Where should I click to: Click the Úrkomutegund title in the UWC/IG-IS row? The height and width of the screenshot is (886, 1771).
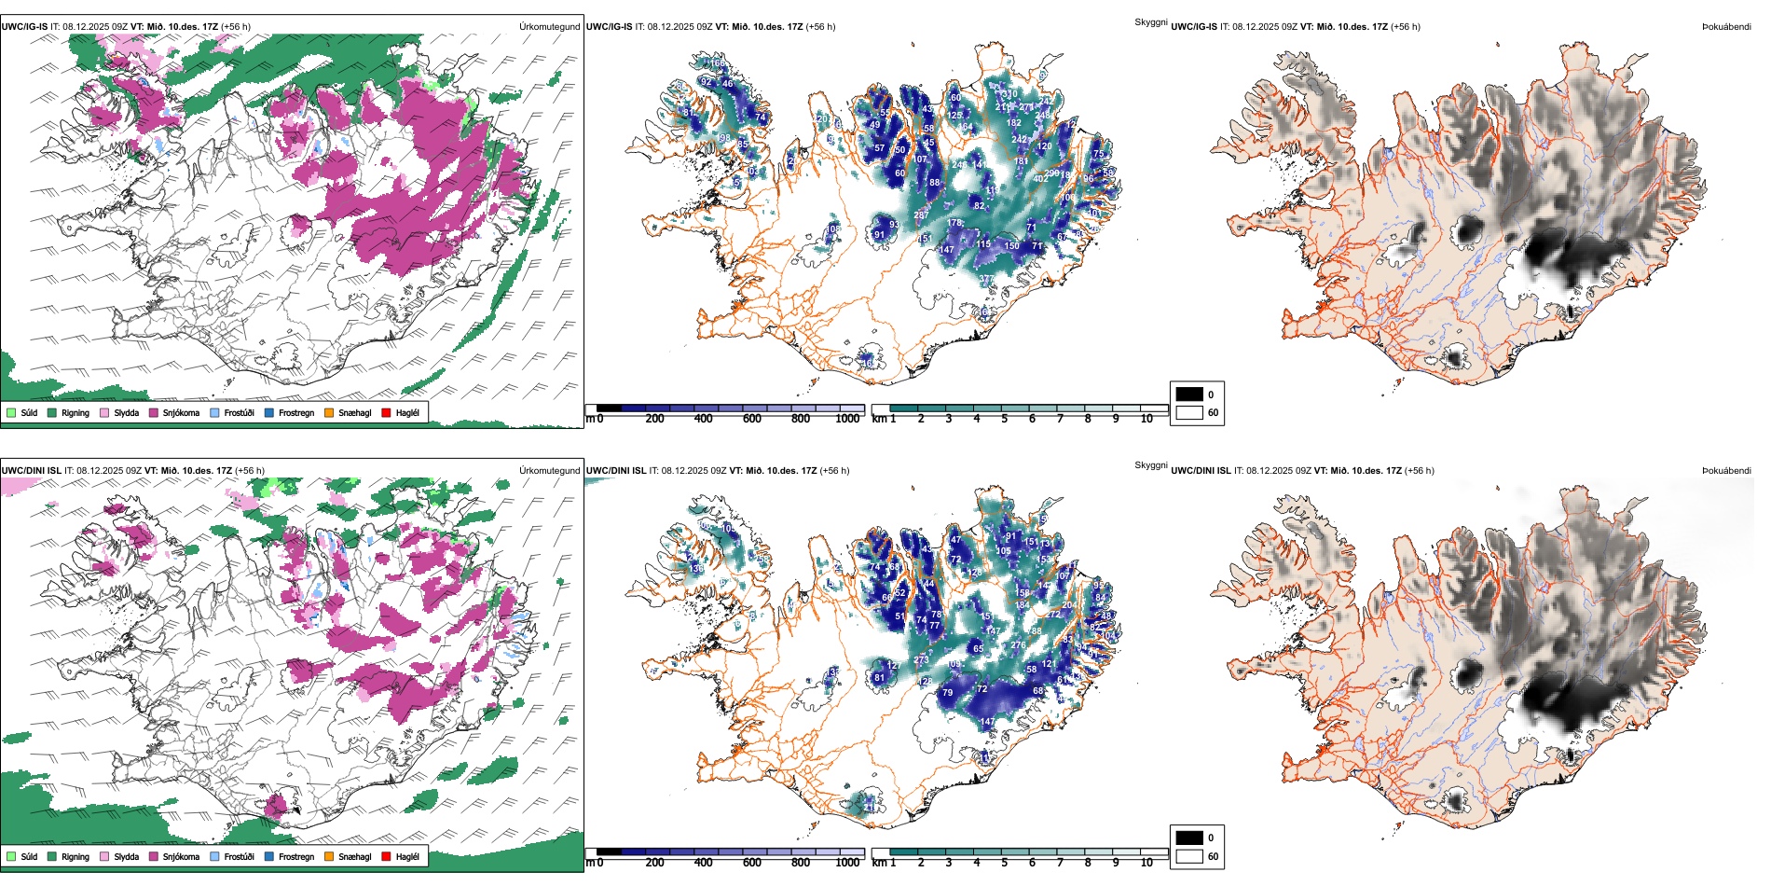point(549,27)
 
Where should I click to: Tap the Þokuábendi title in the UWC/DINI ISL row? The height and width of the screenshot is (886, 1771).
point(1726,471)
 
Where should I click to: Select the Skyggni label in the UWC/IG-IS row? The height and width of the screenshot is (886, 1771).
point(1150,21)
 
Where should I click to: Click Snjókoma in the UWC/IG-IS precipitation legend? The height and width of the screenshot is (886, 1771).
point(181,413)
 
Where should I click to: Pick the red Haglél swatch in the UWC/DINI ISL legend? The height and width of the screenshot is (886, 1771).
point(386,857)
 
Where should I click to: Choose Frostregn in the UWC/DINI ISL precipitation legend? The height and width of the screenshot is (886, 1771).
point(295,857)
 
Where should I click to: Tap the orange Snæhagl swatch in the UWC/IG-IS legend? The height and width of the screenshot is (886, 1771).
point(329,413)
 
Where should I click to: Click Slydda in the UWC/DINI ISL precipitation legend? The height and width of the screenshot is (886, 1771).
point(126,857)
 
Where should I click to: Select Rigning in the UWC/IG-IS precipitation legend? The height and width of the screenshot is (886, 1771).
point(75,413)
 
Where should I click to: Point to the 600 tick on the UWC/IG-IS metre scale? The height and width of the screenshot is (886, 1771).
point(752,419)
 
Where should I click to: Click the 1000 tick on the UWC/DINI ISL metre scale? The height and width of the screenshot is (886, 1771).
point(847,863)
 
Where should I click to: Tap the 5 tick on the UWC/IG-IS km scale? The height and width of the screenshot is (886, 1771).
point(1004,419)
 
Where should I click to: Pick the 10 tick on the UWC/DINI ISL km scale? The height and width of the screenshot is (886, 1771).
point(1146,863)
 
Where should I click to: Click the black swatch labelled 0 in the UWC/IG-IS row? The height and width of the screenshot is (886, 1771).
point(1189,395)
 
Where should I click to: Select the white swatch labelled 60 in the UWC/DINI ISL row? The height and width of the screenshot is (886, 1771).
point(1189,856)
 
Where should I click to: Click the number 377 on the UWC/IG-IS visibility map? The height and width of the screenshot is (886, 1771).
point(986,279)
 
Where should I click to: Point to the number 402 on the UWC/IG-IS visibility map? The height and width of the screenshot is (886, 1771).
point(1040,179)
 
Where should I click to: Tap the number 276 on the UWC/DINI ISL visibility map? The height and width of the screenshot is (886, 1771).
point(1018,645)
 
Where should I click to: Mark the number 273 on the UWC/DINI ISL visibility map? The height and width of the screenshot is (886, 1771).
point(921,660)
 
